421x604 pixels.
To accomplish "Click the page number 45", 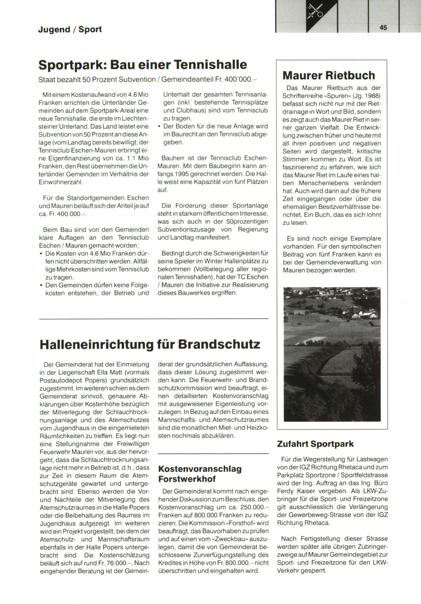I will tap(383, 27).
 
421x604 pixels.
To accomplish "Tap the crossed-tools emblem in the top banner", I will tap(315, 12).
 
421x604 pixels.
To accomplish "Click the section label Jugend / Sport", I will tap(70, 29).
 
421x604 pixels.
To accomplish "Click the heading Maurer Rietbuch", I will tap(329, 75).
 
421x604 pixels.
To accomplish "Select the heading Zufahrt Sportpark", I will tap(315, 444).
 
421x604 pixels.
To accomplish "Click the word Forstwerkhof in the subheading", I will tap(187, 479).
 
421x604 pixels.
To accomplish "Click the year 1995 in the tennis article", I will tap(183, 174).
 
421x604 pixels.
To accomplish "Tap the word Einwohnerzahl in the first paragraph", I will tap(61, 182).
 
